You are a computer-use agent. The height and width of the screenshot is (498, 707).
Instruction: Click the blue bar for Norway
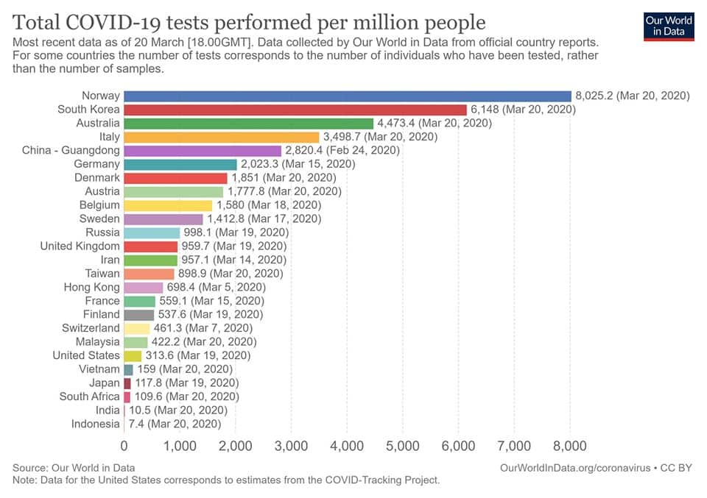point(347,96)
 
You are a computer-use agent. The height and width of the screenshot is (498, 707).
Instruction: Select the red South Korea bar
point(295,110)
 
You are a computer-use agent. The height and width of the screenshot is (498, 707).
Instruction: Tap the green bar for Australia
point(248,123)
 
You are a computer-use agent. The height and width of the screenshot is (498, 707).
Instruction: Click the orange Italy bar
point(221,137)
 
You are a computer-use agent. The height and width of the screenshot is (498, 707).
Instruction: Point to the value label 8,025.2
point(594,96)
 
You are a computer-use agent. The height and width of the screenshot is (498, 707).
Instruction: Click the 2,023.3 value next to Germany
point(261,164)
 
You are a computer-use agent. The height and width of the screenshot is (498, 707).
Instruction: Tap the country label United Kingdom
point(80,246)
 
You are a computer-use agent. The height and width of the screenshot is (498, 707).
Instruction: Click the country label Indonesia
point(95,424)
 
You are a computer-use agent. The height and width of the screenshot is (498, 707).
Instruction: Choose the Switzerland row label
point(91,328)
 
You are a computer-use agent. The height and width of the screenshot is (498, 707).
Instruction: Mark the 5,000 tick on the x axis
point(402,446)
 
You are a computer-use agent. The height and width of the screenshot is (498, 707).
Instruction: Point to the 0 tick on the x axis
point(124,446)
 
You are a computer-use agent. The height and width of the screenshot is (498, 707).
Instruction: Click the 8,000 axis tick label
point(570,446)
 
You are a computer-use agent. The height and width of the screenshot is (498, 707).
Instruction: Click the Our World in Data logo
point(669,25)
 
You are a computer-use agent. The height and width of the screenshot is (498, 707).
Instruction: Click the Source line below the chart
point(74,468)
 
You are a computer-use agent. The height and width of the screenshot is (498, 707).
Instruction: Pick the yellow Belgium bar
point(168,205)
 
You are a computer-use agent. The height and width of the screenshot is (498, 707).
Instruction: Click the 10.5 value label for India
point(139,410)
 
